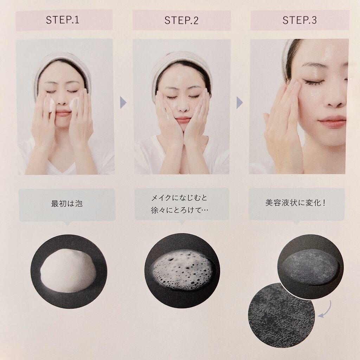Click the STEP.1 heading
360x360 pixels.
[63, 20]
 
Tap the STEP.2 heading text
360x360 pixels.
[181, 20]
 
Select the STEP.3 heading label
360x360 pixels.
[300, 20]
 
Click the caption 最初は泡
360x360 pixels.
[67, 204]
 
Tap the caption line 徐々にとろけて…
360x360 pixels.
[180, 210]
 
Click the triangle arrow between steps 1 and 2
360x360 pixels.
[123, 102]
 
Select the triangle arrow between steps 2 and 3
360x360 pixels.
[239, 103]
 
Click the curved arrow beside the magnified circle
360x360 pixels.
[326, 310]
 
